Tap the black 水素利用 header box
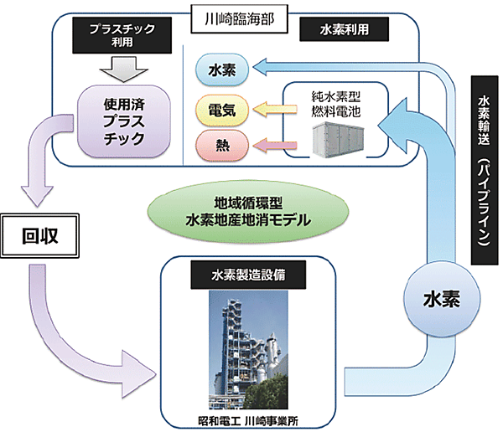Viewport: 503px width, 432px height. coord(344,29)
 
